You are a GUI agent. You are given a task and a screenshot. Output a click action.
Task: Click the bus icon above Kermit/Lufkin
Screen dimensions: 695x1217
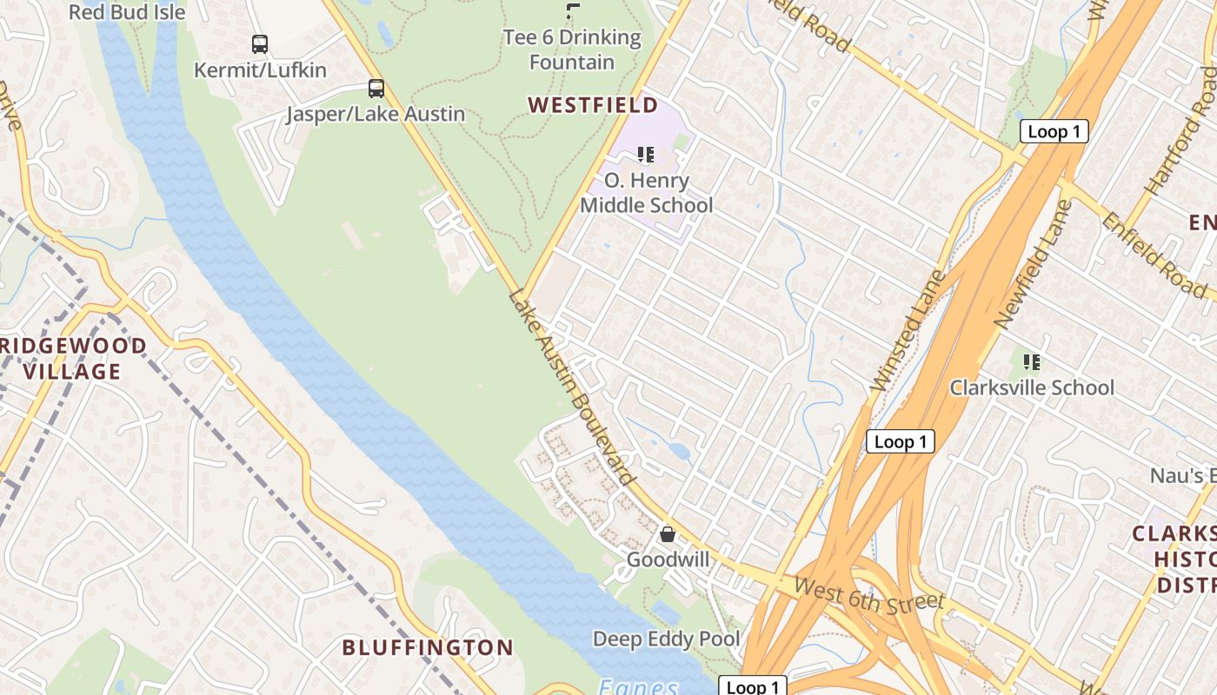259,43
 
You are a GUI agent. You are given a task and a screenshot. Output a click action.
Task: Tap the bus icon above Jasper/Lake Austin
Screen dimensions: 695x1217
376,88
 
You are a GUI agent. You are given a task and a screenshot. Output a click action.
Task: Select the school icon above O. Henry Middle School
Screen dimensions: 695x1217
645,155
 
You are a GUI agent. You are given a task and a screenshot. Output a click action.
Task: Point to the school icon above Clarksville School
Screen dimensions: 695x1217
1032,361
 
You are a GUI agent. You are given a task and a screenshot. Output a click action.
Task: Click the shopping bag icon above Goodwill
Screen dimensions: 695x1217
668,533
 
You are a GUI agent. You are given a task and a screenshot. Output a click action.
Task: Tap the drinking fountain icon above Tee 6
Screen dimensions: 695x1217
572,11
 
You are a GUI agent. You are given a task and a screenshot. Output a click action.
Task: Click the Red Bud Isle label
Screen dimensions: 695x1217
127,12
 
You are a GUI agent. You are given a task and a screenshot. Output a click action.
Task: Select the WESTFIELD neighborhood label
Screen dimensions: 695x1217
593,105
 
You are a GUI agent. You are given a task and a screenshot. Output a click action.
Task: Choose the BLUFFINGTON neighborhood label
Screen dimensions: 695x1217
428,647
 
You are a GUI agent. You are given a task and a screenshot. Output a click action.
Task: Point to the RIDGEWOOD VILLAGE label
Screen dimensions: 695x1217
73,359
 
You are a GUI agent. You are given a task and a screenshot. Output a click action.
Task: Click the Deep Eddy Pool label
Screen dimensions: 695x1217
666,639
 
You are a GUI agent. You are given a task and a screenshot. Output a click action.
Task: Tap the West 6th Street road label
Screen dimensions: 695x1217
868,596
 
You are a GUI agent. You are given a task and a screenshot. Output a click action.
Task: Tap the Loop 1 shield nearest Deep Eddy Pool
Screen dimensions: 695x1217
753,686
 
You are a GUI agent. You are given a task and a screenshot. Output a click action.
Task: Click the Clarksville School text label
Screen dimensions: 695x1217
1031,387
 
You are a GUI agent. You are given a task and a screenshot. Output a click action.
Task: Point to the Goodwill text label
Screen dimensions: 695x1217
668,559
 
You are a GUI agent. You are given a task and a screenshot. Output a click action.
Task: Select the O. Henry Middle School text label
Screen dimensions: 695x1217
646,193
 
